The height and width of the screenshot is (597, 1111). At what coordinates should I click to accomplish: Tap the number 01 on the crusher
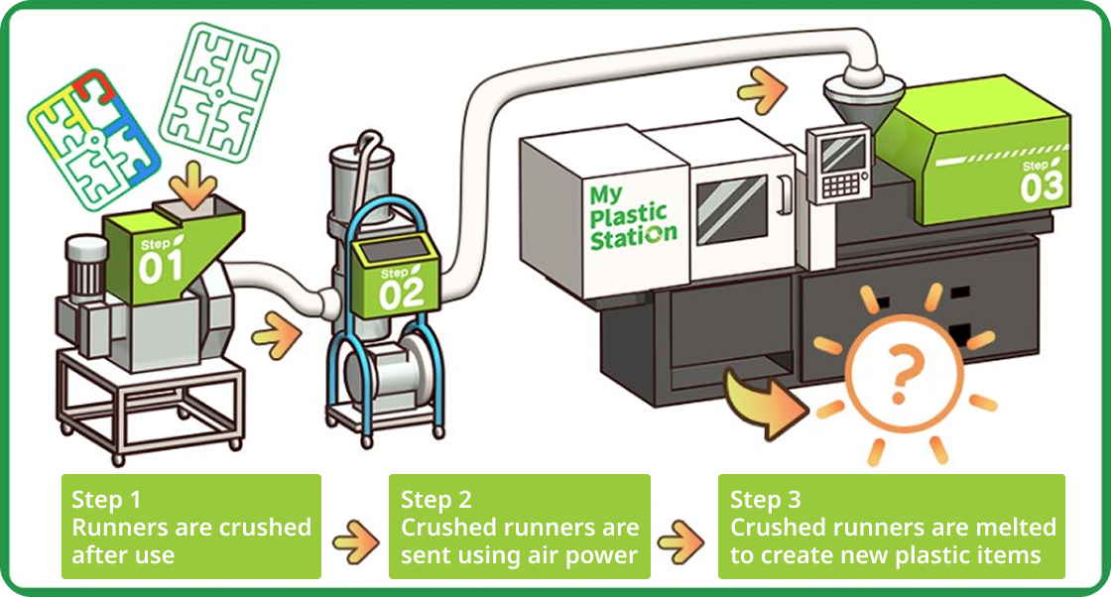[x=161, y=266]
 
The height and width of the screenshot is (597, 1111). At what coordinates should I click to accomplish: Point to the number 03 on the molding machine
[x=1041, y=185]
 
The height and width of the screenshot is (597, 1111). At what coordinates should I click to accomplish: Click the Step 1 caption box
[x=191, y=527]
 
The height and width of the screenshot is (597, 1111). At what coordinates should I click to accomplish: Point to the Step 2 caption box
[x=519, y=527]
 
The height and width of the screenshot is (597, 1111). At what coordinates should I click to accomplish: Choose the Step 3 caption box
[x=891, y=527]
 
